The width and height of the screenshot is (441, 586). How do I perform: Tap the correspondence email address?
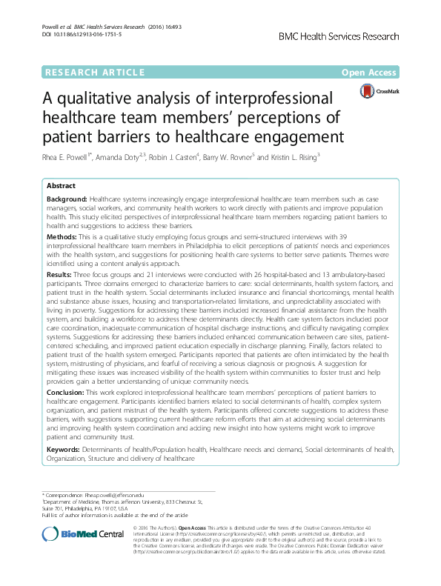click(x=111, y=494)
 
